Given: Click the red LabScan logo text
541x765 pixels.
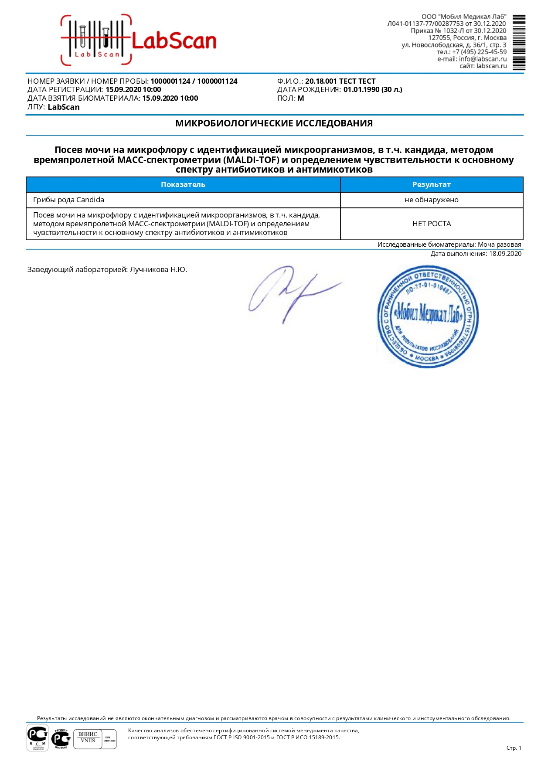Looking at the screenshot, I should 174,41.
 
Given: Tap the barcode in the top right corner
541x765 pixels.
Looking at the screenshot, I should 519,42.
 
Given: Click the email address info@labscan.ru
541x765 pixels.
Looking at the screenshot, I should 483,59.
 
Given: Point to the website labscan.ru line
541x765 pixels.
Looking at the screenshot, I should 483,66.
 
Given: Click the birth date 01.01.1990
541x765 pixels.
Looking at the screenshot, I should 361,89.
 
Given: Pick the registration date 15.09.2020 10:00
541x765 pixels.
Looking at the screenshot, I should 133,89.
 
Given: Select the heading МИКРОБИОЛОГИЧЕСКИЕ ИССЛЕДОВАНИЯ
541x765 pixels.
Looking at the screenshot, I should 274,123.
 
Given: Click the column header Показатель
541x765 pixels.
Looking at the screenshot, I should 183,184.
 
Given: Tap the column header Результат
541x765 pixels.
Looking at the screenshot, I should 431,184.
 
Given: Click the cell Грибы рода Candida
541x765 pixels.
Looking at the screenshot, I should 69,200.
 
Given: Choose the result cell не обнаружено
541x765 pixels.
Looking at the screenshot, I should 431,200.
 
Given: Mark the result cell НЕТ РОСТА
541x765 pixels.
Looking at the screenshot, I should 431,224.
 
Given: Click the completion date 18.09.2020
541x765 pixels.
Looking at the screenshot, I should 505,254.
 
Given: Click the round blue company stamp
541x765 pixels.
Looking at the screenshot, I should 428,316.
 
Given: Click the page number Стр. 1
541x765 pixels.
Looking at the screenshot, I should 514,748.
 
